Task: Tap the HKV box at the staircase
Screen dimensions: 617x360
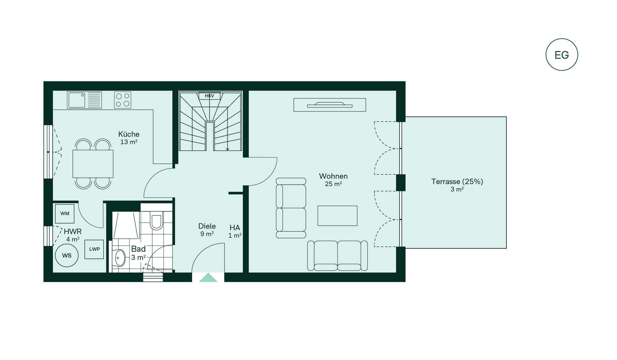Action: pos(210,96)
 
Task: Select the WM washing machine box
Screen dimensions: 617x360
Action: pos(65,214)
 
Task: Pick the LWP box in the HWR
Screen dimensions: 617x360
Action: pos(94,249)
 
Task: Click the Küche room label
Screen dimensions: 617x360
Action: pos(129,134)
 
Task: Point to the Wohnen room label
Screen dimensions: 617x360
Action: pos(333,176)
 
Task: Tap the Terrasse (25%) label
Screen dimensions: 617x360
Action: pos(457,182)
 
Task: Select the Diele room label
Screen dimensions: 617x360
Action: pos(207,226)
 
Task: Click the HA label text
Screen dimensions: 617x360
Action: pos(235,228)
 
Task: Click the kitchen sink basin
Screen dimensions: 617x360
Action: pos(77,100)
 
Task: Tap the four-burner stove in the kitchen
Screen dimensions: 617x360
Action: pos(123,100)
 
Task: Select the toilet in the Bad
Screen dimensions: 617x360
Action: pos(156,220)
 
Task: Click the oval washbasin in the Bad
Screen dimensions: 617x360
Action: pos(120,258)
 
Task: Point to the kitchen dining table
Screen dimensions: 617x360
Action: pos(93,164)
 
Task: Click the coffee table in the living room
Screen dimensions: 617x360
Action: pos(337,216)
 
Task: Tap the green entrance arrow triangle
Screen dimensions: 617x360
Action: pos(208,278)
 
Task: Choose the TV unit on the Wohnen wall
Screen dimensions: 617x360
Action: pos(330,105)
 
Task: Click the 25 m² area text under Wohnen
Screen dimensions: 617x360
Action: pos(333,184)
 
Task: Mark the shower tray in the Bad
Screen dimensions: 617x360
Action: pos(126,225)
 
